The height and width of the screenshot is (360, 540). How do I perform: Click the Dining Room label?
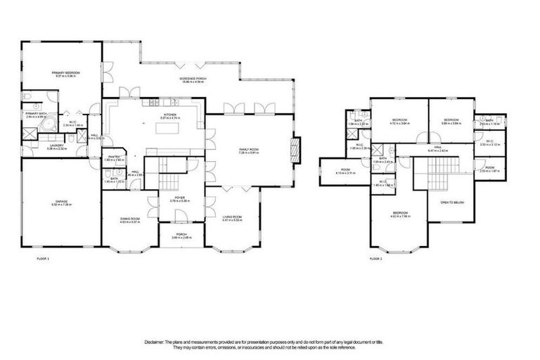coord(130,219)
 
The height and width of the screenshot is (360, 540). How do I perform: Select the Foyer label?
coord(180,198)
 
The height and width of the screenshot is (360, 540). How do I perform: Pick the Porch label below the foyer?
coord(181,236)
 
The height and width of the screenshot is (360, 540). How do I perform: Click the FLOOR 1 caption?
coord(43,259)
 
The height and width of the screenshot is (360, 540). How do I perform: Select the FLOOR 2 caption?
coord(375,259)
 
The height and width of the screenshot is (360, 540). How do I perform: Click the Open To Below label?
coord(451,202)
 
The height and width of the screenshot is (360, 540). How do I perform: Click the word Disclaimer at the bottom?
coord(154,341)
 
